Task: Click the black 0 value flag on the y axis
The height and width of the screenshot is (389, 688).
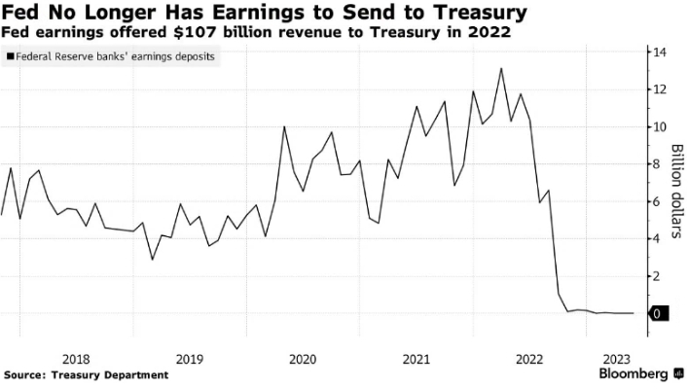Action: tap(660, 313)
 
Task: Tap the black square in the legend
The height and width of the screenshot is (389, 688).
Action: tap(10, 58)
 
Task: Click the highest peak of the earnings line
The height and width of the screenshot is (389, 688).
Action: tap(500, 68)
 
